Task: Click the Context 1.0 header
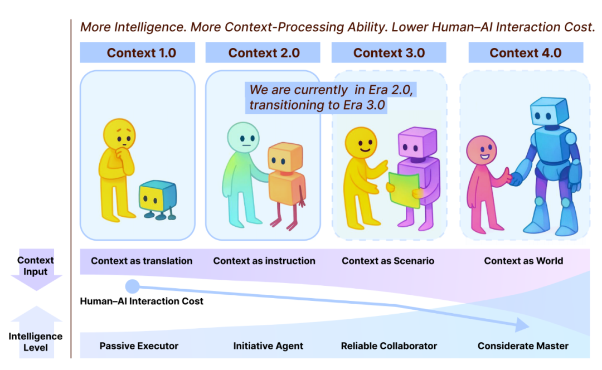coord(142,53)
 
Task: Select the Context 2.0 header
coord(264,53)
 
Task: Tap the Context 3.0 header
coord(389,53)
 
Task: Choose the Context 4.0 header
coord(525,53)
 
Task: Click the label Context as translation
coord(142,261)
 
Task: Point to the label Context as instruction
coord(264,261)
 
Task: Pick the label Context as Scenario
coord(388,261)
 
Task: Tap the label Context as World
coord(523,261)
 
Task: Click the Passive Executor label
coord(139,346)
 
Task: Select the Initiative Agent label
coord(268,346)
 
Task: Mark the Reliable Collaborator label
coord(389,346)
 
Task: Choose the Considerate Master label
coord(523,346)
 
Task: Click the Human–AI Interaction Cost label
coord(142,301)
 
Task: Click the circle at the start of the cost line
coord(132,286)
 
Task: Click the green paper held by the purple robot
coord(404,189)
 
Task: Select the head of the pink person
coord(481,150)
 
